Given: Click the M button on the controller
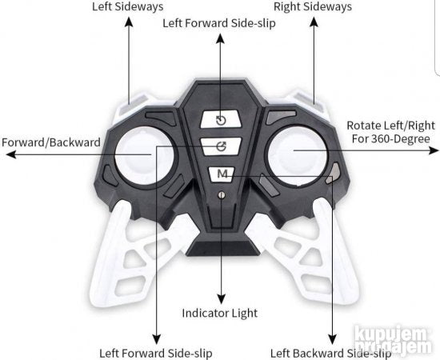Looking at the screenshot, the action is click(x=222, y=174).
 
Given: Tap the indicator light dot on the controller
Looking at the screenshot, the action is click(x=222, y=195).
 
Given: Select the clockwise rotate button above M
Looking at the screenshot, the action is click(x=221, y=146).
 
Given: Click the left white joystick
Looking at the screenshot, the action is click(x=145, y=156).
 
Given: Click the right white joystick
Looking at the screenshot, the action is click(x=297, y=156).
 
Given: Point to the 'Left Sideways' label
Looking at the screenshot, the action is click(x=128, y=6).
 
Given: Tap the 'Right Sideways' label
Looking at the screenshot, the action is click(x=313, y=6).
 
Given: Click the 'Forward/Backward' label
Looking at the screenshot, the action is click(x=51, y=142).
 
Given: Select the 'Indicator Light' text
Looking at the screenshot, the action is click(x=220, y=313).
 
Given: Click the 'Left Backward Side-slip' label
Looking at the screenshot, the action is click(x=330, y=354).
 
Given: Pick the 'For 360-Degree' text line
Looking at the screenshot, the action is click(x=391, y=138).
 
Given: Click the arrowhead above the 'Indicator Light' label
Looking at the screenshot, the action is click(x=222, y=299).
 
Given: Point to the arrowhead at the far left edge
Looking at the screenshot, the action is click(x=11, y=154).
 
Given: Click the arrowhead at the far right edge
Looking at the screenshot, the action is click(x=434, y=150).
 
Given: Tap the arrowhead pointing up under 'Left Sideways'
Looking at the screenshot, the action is click(x=129, y=22).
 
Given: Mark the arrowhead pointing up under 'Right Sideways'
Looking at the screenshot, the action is click(x=314, y=22).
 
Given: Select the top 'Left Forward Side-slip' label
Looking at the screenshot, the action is click(x=219, y=23).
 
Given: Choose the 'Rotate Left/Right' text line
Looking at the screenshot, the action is click(x=391, y=126).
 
